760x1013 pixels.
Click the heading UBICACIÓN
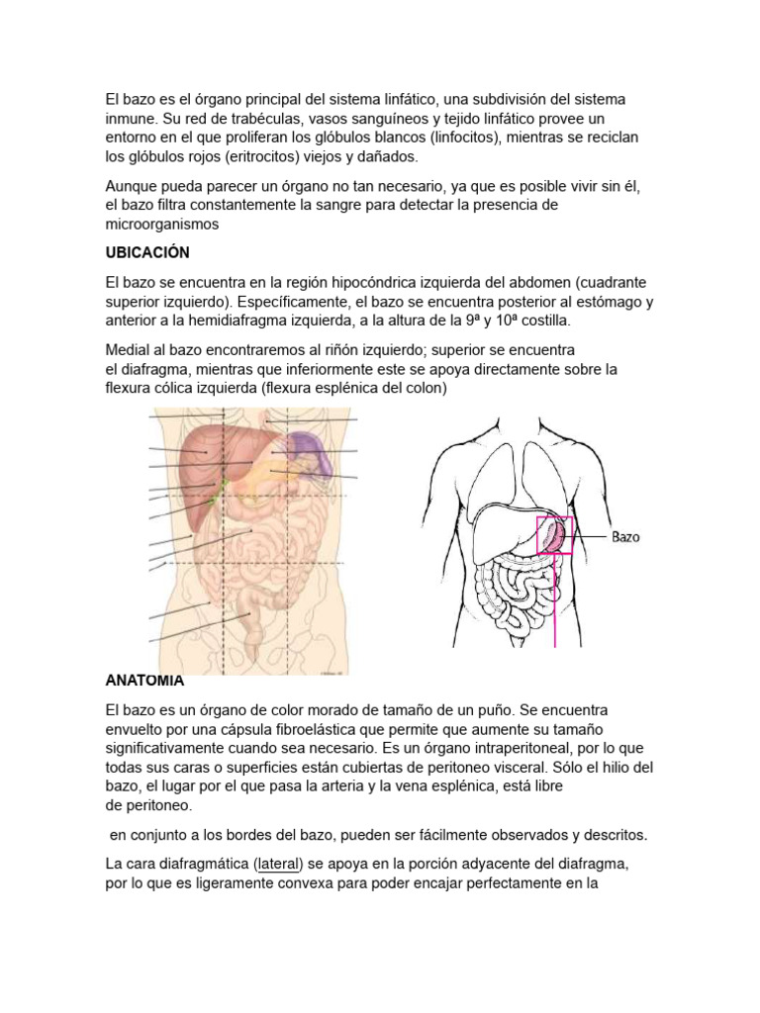(x=146, y=253)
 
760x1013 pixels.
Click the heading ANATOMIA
(x=144, y=681)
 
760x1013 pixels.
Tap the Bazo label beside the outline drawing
(x=625, y=537)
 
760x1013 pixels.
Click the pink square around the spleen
(x=553, y=535)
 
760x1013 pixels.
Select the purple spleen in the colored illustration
(x=316, y=456)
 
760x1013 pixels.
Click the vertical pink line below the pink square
(x=554, y=603)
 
